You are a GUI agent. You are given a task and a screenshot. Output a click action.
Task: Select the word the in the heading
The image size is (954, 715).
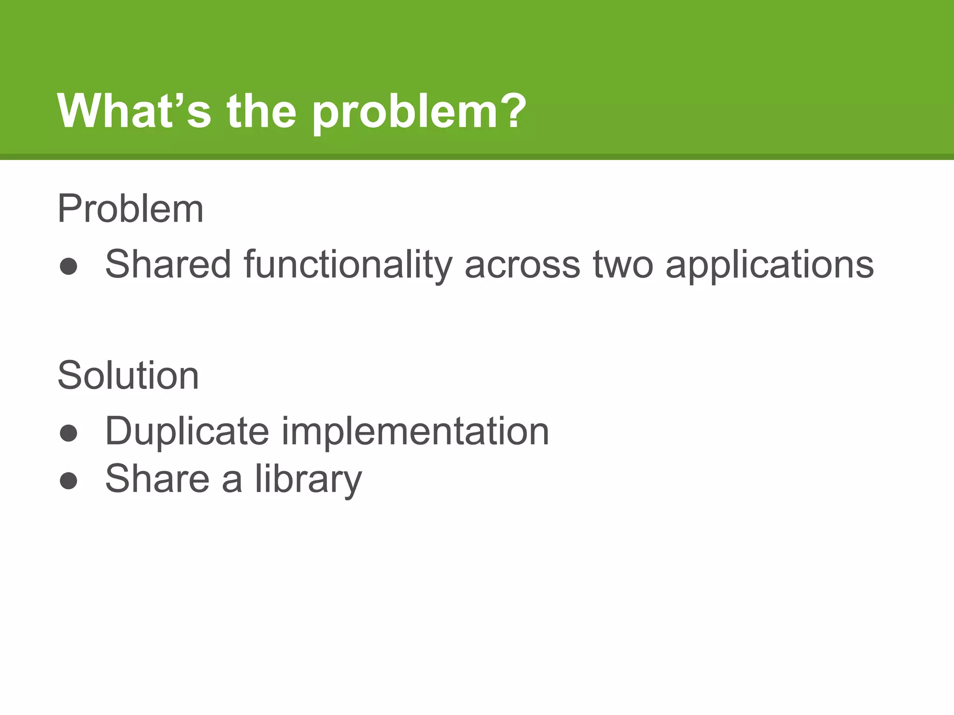click(x=262, y=111)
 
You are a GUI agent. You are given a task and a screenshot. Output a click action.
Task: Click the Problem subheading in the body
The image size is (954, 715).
click(x=130, y=209)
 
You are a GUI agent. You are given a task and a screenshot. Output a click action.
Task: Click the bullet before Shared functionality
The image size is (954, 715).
click(x=69, y=266)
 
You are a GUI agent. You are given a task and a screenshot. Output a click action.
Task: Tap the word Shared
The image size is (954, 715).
click(x=168, y=264)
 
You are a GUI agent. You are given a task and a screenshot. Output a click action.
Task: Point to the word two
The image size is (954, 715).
click(x=623, y=264)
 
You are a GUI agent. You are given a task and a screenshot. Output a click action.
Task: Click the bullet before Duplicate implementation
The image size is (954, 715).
click(x=69, y=433)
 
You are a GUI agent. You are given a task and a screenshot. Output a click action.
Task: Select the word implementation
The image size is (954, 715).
click(x=415, y=432)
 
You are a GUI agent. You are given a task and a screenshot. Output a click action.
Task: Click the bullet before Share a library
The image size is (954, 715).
click(x=69, y=481)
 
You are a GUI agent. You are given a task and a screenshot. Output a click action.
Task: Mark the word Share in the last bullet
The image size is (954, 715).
click(x=157, y=479)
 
